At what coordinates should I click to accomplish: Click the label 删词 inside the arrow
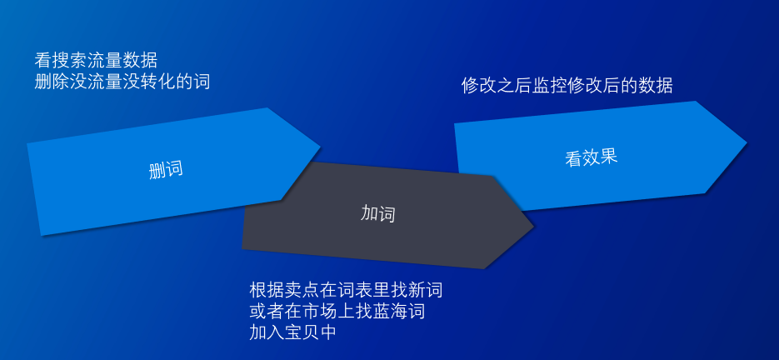coord(166,170)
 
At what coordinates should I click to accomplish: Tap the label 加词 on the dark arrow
coord(378,214)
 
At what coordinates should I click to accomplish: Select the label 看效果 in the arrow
coord(592,157)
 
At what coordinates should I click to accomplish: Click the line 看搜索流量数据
coord(96,61)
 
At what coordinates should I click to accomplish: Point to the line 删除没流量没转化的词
coord(122,82)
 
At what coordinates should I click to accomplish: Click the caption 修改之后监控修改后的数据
coord(567,86)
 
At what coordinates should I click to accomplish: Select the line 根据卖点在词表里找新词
coord(346,290)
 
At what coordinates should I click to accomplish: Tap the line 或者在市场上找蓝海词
coord(337,312)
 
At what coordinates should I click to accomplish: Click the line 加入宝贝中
coord(293,332)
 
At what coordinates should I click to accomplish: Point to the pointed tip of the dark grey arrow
coord(533,227)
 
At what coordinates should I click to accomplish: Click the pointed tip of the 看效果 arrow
coord(747,142)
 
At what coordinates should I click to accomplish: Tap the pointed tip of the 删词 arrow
coord(321,146)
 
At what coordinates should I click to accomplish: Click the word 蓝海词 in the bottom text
coord(399,312)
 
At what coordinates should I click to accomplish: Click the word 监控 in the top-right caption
coord(550,86)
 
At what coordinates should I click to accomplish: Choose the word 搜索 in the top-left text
coord(69,61)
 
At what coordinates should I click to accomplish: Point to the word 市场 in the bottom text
coord(319,312)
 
